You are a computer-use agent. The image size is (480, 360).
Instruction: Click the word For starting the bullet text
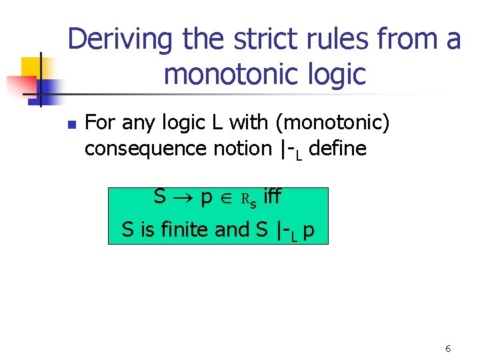pos(101,123)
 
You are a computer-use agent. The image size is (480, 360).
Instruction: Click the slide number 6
pos(448,349)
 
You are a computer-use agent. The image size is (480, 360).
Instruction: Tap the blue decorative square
pos(47,87)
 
